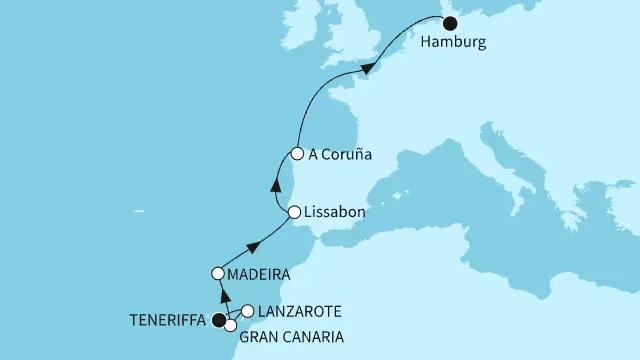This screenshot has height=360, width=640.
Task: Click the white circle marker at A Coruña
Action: [x=298, y=153]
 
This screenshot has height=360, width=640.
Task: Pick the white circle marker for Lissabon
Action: [x=294, y=212]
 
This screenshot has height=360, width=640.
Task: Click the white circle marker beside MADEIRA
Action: [x=217, y=272]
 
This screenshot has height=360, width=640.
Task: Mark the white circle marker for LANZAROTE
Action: [x=247, y=311]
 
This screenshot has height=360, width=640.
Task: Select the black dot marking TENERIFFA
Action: [x=218, y=319]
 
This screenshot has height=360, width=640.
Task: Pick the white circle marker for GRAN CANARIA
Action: [x=231, y=326]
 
